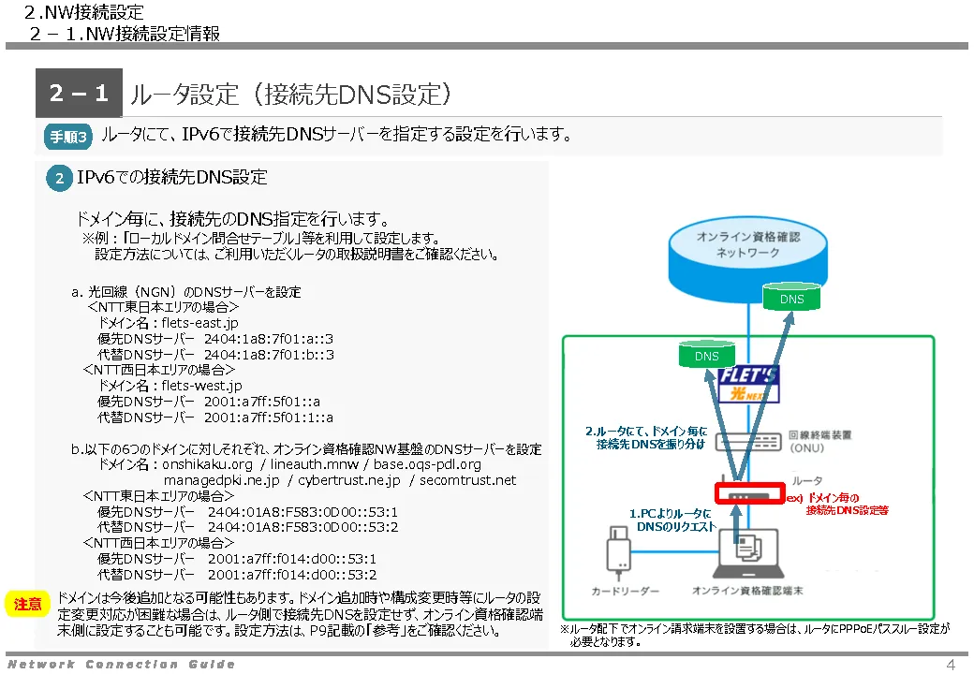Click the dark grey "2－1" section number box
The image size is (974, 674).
(79, 93)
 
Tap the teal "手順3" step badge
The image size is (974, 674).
(68, 137)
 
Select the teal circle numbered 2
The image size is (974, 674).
(60, 179)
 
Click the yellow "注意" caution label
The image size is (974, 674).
(27, 604)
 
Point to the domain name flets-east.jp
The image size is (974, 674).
(200, 323)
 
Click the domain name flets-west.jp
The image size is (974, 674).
(202, 386)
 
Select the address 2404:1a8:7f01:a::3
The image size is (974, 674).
(269, 339)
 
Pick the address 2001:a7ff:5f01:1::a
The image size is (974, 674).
(269, 418)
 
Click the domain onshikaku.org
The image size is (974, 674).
(208, 464)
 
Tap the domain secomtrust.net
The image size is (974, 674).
(467, 480)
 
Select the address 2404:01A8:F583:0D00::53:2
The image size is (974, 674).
(303, 528)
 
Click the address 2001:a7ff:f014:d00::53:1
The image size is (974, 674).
(292, 559)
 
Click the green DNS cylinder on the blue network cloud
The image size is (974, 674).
(791, 297)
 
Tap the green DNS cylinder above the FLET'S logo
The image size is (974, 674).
(707, 354)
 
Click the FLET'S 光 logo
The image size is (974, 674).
(748, 385)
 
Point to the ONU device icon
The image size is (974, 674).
(748, 441)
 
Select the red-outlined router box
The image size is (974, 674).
(750, 494)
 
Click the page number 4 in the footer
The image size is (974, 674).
(951, 665)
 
